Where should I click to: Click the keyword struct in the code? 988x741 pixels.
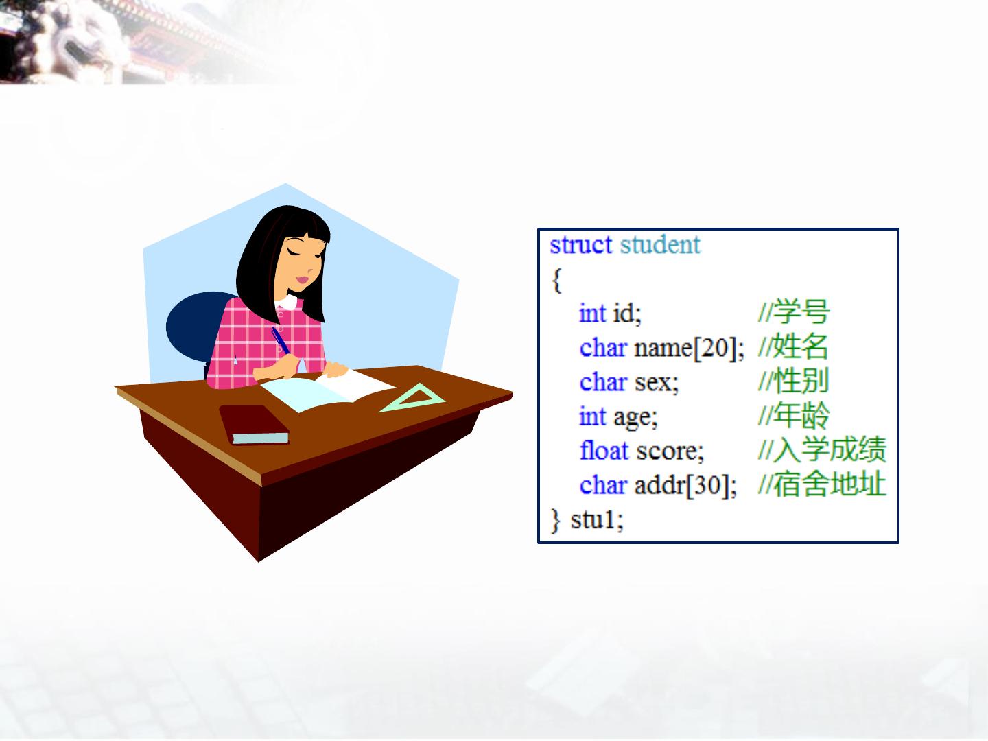[580, 245]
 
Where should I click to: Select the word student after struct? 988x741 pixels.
[660, 245]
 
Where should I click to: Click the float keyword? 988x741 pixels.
[604, 450]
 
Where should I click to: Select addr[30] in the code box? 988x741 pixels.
[685, 486]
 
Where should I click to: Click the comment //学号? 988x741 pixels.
[794, 311]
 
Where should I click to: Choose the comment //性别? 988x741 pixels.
[793, 381]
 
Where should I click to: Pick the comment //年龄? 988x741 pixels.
[794, 415]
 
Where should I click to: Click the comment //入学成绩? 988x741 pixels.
[823, 449]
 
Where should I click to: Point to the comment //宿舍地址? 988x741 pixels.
[823, 484]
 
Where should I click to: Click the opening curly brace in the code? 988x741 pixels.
[557, 281]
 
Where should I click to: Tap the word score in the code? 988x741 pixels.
[670, 451]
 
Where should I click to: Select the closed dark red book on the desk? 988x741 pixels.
[254, 425]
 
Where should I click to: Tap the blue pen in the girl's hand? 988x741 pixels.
[281, 340]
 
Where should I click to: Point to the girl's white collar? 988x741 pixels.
[287, 302]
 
